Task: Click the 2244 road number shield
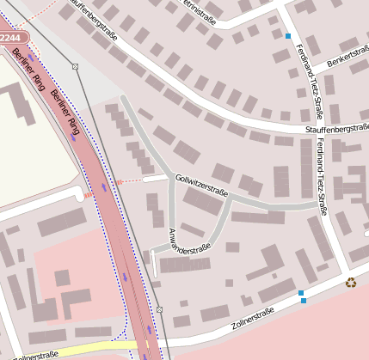click(x=12, y=38)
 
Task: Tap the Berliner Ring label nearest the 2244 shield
click(x=28, y=70)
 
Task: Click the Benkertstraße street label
click(x=340, y=59)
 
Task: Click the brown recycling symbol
click(x=350, y=282)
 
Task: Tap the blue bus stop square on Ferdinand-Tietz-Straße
click(x=287, y=36)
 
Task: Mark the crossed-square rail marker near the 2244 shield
click(x=75, y=66)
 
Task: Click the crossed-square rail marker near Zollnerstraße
click(x=159, y=309)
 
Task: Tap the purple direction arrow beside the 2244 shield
click(x=32, y=58)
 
